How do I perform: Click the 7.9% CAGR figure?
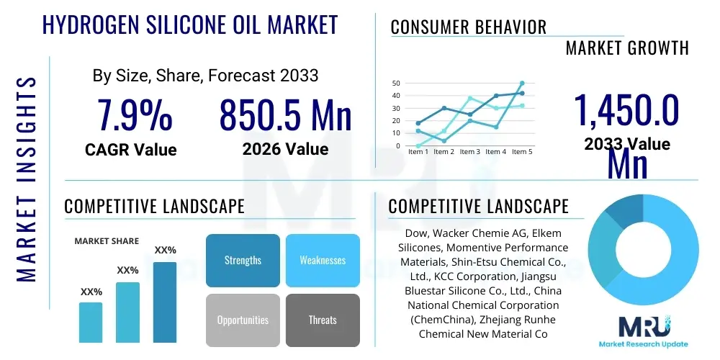tap(135, 115)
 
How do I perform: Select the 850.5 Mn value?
tap(285, 115)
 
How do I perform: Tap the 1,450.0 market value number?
tap(626, 110)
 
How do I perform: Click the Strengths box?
tap(243, 260)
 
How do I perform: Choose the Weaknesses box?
tap(323, 260)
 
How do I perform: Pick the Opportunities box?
tap(243, 320)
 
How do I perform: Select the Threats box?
tap(323, 320)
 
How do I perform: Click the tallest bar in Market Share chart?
tap(165, 302)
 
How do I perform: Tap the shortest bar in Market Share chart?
tap(91, 322)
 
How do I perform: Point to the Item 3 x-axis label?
tap(470, 152)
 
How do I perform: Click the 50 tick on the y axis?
tap(396, 84)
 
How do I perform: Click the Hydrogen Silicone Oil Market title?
tap(190, 24)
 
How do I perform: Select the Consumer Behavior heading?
tap(469, 27)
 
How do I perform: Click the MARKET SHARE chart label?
tap(107, 241)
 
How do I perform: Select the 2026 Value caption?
tap(285, 149)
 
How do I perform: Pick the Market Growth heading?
tap(627, 48)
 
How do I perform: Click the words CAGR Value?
tap(130, 149)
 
